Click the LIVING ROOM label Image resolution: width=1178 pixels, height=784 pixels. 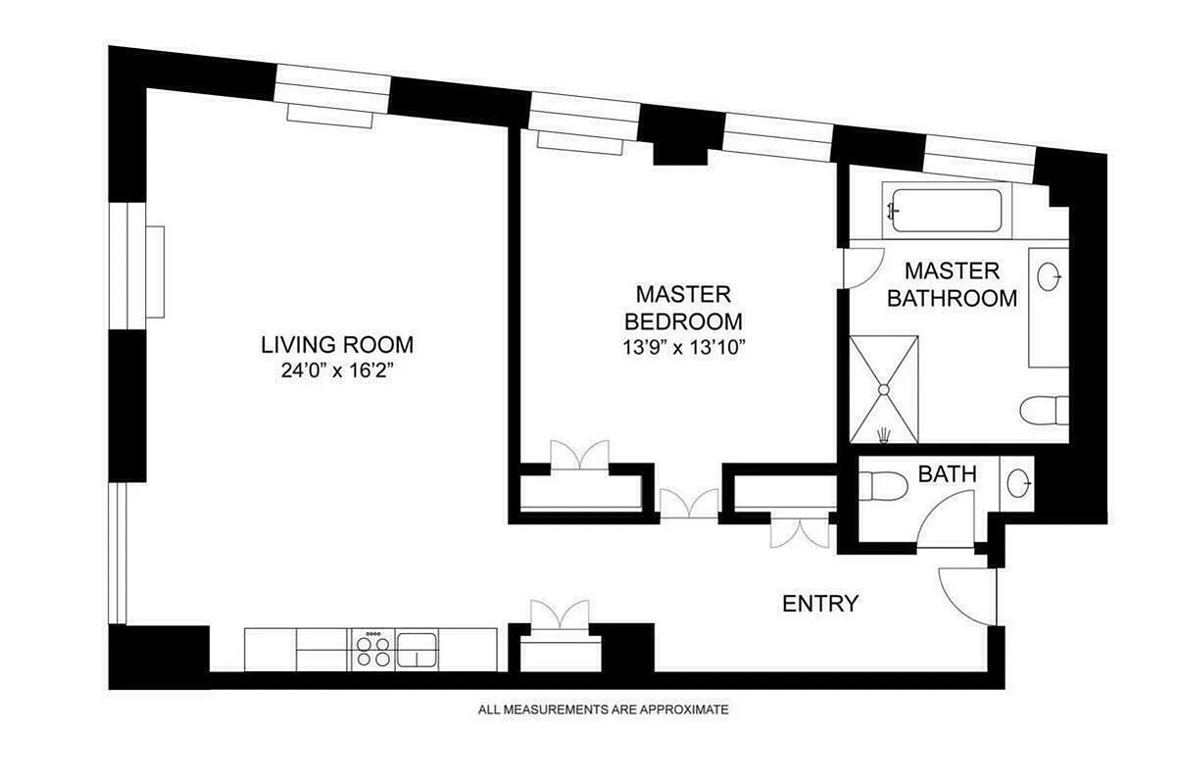coord(336,345)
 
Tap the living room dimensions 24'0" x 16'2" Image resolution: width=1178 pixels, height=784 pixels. coord(336,370)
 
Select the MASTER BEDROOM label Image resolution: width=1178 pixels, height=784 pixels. coord(683,308)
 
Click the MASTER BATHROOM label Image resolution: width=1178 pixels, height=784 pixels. coord(952,284)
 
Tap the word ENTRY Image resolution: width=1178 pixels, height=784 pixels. coord(820,604)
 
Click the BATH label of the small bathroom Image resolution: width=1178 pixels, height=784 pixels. coord(947,474)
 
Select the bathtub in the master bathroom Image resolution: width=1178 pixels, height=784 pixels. coord(945,211)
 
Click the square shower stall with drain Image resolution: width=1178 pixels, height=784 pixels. coord(883,389)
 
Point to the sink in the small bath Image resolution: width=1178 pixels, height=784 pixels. coord(1019,482)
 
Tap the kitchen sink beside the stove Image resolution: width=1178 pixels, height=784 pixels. coord(417,648)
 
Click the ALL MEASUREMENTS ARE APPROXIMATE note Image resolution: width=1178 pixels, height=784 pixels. coord(603,710)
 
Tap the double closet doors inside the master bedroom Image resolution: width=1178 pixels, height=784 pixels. coord(579,457)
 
